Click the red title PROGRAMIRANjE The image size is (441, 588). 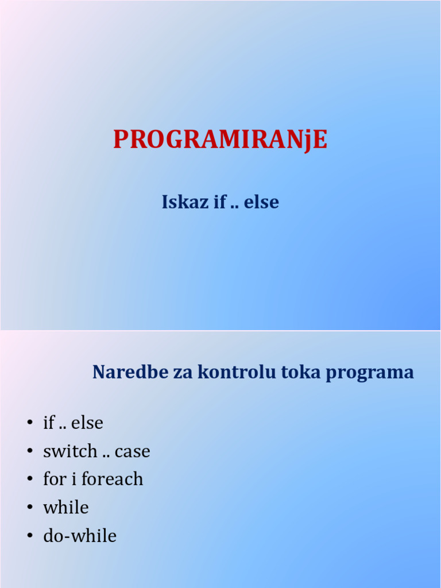click(x=220, y=140)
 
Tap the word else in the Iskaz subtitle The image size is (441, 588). click(x=261, y=202)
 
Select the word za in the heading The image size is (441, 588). click(x=181, y=373)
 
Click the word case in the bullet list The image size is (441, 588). click(x=132, y=452)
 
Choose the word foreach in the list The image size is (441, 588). click(x=112, y=479)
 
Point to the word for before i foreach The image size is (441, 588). click(x=54, y=479)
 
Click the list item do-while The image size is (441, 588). click(x=80, y=536)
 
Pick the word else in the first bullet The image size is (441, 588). click(x=87, y=423)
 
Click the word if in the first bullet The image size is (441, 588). click(x=49, y=423)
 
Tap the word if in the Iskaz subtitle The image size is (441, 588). click(x=219, y=202)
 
